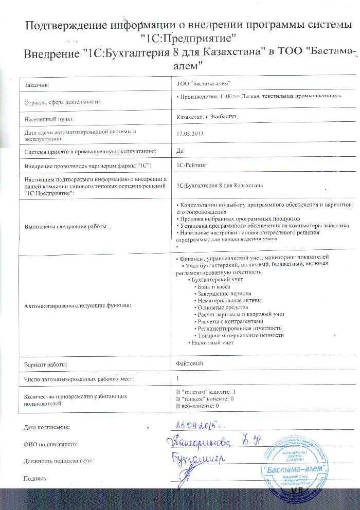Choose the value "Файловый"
point(189,363)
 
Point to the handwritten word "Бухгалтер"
point(200,458)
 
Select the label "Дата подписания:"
point(46,427)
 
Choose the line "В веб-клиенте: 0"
point(198,406)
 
